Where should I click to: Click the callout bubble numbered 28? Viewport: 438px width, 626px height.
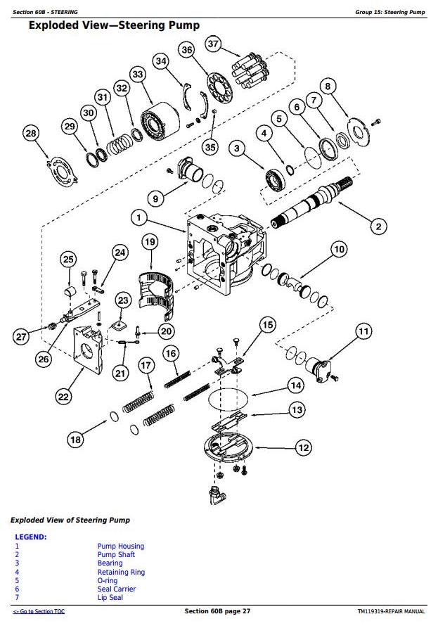pos(30,134)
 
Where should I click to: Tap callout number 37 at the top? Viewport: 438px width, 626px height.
pos(213,45)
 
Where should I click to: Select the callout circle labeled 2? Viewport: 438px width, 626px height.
pos(378,226)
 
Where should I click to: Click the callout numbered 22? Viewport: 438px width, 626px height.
pos(63,397)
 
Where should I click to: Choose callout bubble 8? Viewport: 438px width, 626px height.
pos(327,87)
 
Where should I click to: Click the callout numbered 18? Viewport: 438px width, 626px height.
pos(75,440)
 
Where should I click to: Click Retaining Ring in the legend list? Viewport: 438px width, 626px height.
pos(121,572)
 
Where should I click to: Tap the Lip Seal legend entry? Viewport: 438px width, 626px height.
pos(110,598)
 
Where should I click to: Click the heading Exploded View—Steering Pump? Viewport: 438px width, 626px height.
pos(113,26)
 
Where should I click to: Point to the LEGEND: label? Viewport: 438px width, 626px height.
pos(31,537)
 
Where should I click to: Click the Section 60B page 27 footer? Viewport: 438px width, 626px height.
pos(217,611)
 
